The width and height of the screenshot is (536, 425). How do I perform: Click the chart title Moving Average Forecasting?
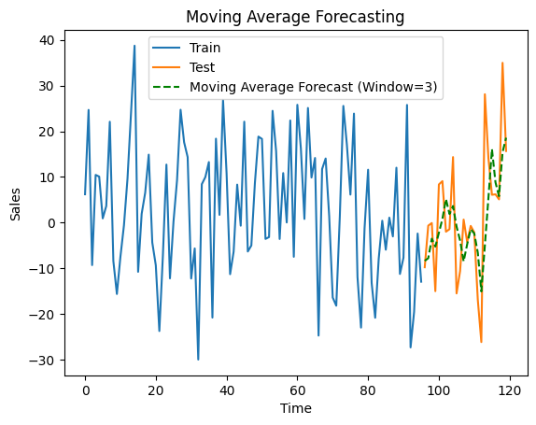295,17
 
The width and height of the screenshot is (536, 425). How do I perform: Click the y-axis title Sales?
15,205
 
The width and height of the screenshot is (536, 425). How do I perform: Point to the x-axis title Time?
296,408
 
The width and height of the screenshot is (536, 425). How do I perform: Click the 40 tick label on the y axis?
47,40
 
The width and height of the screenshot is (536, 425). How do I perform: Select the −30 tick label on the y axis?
42,360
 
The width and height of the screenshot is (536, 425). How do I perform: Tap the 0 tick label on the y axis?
51,223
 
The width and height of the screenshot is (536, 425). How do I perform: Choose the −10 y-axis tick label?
42,269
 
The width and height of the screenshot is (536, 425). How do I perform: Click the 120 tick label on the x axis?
510,390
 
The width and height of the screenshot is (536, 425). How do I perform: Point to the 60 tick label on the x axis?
297,390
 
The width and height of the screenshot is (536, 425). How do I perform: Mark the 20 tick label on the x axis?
156,390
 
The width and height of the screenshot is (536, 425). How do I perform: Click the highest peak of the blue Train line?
134,45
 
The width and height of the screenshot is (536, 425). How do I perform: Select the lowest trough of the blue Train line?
198,360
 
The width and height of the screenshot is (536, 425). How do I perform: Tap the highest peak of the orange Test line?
502,63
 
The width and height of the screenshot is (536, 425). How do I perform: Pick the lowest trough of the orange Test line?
481,342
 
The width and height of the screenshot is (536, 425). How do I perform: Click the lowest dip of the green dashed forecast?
481,291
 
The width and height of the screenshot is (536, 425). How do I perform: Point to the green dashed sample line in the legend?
166,87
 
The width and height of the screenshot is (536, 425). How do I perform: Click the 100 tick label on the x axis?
439,390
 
